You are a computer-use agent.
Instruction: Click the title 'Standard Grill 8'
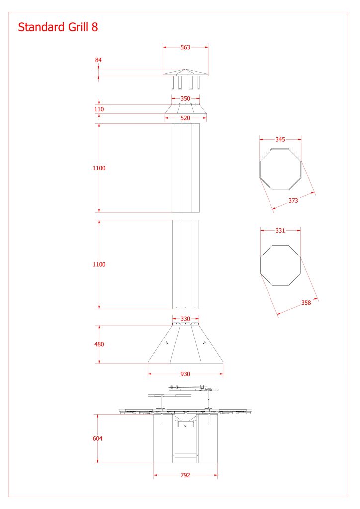(58, 27)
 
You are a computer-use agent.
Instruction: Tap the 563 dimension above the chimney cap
(185, 47)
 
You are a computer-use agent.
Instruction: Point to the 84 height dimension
(98, 60)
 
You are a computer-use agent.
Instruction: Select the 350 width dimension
(185, 99)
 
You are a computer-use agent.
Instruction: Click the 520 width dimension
(185, 118)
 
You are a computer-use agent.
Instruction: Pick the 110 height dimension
(99, 109)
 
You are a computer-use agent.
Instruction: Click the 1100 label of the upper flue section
(99, 168)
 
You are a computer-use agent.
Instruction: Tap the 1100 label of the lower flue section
(99, 264)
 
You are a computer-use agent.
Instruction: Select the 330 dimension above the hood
(185, 319)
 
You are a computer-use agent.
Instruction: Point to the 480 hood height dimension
(99, 344)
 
